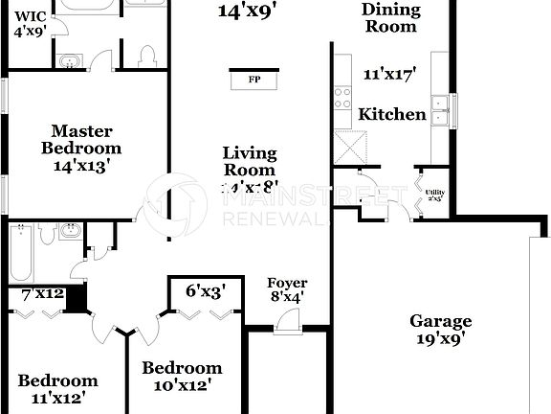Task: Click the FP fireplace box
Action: (254, 79)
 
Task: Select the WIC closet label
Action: (30, 23)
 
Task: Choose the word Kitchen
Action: (392, 115)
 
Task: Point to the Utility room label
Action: (433, 195)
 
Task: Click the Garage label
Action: (441, 322)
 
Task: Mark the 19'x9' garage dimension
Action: (441, 339)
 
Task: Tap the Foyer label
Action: (287, 283)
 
